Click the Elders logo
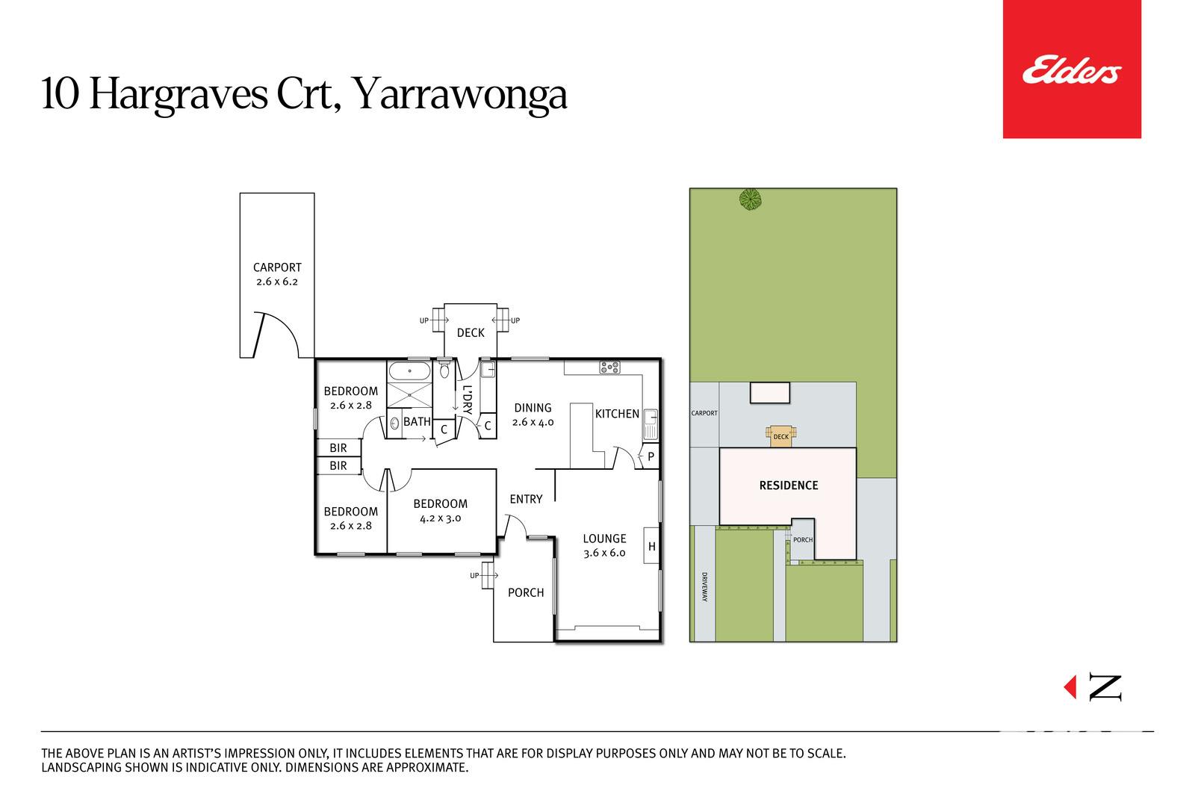pos(1071,69)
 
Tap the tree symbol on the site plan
pos(750,199)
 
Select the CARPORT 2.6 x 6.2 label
pos(277,274)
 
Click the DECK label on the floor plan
pos(471,333)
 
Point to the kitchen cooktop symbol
pos(609,367)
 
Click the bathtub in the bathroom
pos(409,370)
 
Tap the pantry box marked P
pos(651,456)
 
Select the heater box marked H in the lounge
pos(651,545)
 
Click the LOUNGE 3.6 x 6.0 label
pos(604,546)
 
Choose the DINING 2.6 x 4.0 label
pos(533,415)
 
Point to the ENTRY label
pos(526,499)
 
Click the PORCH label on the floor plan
pos(526,592)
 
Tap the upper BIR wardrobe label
pos(338,448)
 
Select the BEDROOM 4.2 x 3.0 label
pos(440,510)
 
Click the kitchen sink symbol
pos(651,424)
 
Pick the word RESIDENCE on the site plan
pos(789,486)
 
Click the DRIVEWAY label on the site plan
pos(704,587)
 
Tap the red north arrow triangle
pos(1070,686)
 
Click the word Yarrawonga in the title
pos(460,95)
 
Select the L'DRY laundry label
pos(468,400)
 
